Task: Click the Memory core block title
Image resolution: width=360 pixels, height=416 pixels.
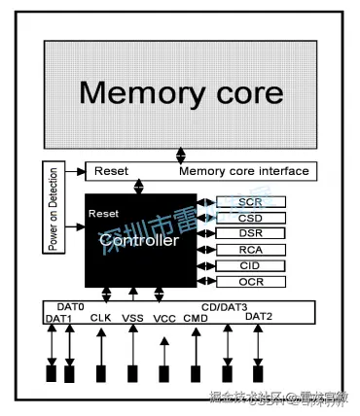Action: [x=181, y=93]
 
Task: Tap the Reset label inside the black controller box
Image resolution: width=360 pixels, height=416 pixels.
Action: [x=104, y=212]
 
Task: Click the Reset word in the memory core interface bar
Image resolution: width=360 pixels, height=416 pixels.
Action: [x=111, y=172]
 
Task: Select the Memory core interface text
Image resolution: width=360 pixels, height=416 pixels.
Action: [x=244, y=172]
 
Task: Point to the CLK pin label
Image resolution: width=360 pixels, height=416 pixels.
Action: [x=101, y=317]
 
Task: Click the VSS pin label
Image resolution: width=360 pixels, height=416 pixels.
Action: [x=132, y=317]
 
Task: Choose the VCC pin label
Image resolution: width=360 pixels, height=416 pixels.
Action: [x=164, y=317]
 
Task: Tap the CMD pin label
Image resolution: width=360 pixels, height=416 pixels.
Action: [x=196, y=317]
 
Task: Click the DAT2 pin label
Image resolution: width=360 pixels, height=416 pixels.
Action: [x=259, y=316]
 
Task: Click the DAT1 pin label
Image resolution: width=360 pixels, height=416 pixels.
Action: [x=58, y=318]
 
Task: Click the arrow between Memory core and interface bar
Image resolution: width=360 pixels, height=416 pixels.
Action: [x=181, y=156]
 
